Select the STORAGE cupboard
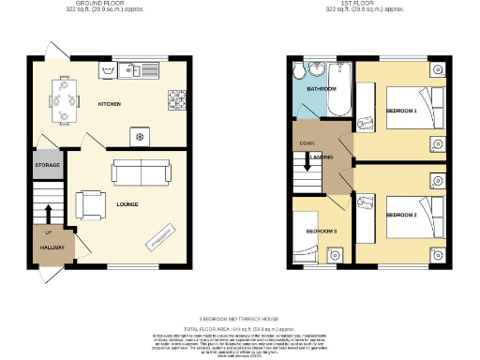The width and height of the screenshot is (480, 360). (48, 165)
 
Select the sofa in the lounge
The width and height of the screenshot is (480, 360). (142, 172)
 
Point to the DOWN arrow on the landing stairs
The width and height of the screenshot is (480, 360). (306, 144)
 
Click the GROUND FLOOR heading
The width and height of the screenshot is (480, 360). (110, 4)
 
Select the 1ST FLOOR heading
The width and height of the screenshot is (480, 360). (365, 4)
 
